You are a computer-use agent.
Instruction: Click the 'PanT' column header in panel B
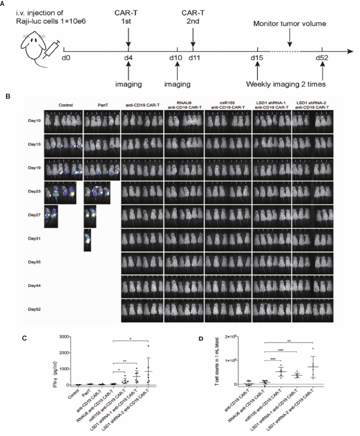click(x=96, y=103)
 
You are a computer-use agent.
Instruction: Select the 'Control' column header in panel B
click(x=63, y=103)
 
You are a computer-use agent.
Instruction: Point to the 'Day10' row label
click(x=33, y=121)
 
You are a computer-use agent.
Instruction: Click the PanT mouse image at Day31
click(x=88, y=240)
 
